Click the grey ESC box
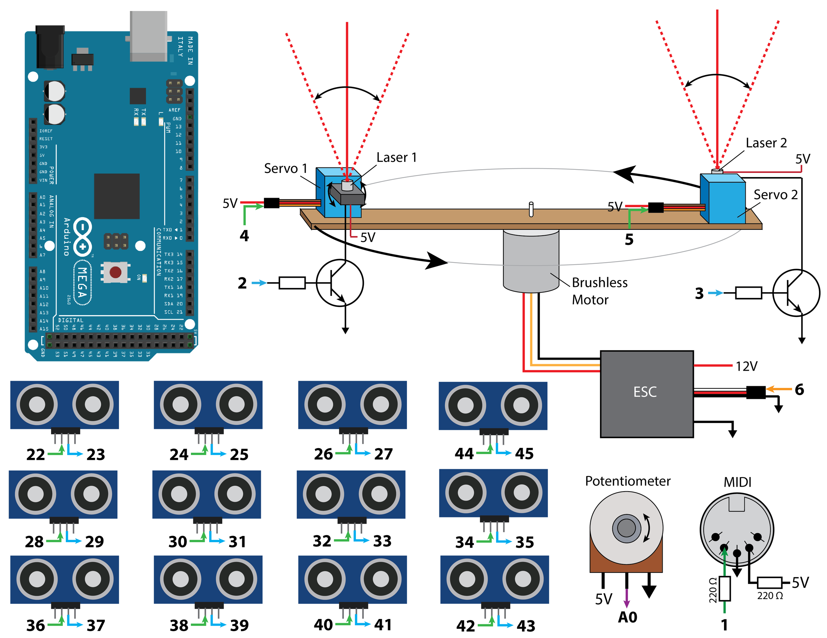click(x=646, y=394)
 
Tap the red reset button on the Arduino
click(x=115, y=272)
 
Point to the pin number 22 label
click(x=35, y=454)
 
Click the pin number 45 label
click(x=524, y=454)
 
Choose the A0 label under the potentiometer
click(x=627, y=618)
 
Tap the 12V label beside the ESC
click(x=746, y=366)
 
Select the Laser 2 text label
click(x=766, y=143)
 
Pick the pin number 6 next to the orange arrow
click(x=799, y=390)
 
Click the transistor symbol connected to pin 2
click(x=340, y=283)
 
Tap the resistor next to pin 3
click(x=748, y=293)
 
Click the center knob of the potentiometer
click(x=626, y=528)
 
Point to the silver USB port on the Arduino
click(x=149, y=36)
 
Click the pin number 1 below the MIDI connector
click(x=724, y=625)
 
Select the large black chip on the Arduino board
click(x=116, y=196)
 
